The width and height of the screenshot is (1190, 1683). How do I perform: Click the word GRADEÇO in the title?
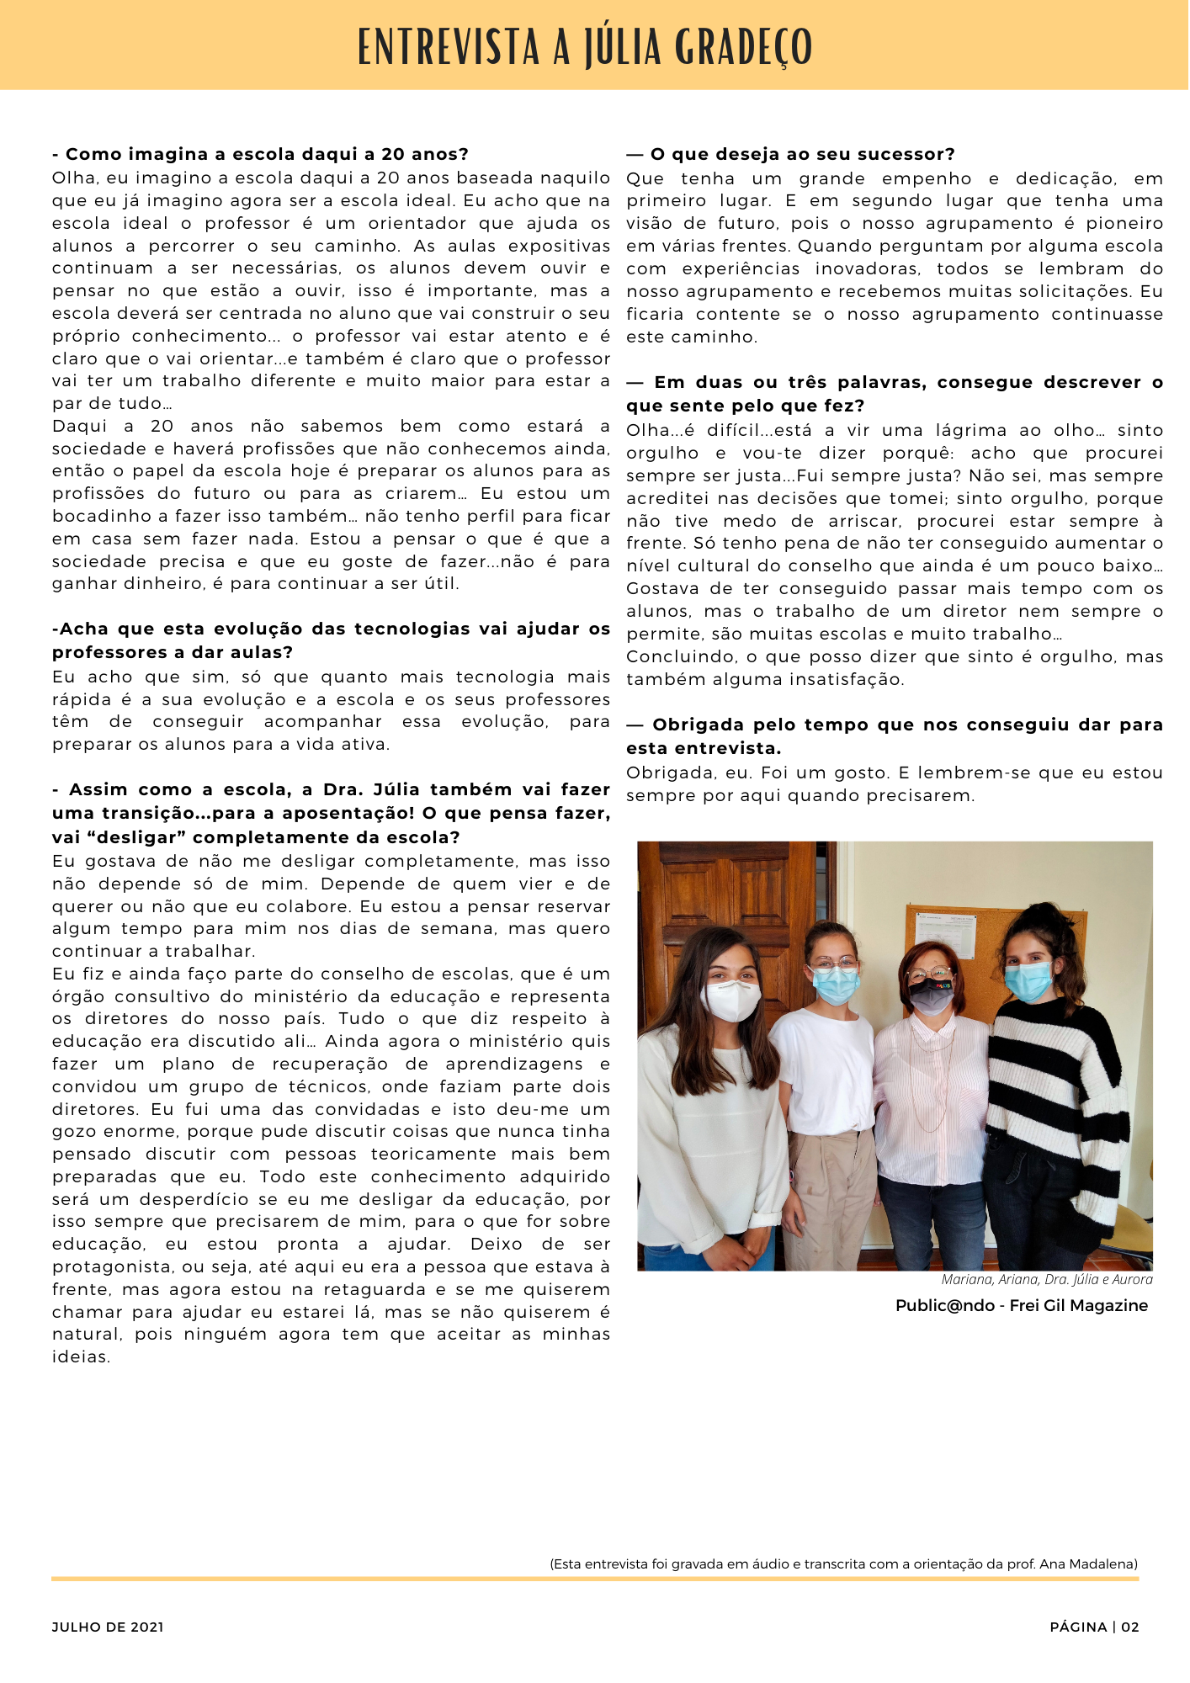point(744,47)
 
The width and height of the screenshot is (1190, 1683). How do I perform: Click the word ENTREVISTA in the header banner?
point(449,47)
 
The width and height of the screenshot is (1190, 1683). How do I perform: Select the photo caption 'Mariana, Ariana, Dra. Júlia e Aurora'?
point(1046,1279)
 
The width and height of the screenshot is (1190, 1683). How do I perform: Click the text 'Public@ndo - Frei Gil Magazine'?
point(1021,1305)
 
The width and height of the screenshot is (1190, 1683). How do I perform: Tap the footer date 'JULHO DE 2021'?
point(108,1627)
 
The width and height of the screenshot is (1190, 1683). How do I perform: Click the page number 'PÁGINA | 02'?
point(1094,1627)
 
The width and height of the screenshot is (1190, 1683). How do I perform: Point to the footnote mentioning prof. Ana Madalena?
point(843,1564)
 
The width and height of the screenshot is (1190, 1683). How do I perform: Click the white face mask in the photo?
point(730,1000)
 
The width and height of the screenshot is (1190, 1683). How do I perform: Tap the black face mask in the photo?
point(931,996)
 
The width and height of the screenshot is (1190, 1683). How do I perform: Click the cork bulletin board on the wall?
point(993,934)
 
